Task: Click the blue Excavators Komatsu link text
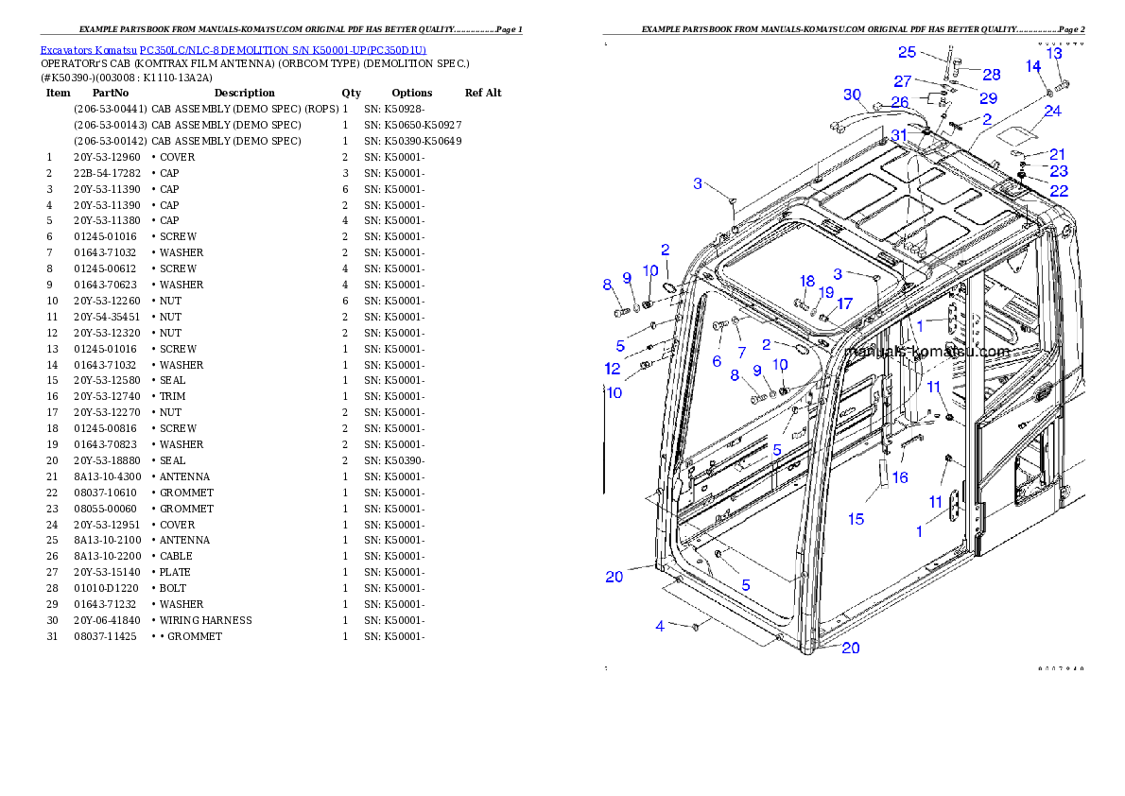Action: pos(233,50)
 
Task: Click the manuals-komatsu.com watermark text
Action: pos(927,352)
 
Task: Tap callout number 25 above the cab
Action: pos(907,52)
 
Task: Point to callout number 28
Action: pos(991,74)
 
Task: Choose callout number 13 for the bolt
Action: pos(1054,54)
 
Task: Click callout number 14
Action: pos(1033,66)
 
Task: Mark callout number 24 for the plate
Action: pos(1052,111)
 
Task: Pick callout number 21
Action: pos(1057,154)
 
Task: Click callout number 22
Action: pos(1059,190)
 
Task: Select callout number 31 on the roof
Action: pos(898,135)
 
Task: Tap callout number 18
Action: pos(806,281)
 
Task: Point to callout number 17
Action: pos(844,303)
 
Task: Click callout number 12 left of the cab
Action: pos(613,369)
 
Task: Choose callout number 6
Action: pos(717,360)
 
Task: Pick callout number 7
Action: pos(741,353)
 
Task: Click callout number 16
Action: pos(900,477)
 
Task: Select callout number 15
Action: pos(856,518)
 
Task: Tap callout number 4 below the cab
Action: pos(660,625)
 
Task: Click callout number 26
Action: pos(899,102)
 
